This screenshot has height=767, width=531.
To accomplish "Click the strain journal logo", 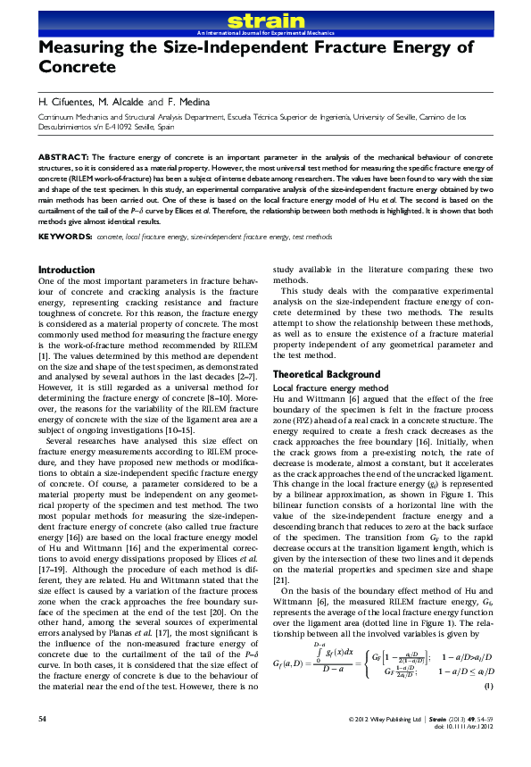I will pyautogui.click(x=265, y=20).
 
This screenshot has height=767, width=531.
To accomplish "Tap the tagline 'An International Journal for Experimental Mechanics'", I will pyautogui.click(x=265, y=31).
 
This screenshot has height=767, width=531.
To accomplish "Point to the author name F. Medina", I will pyautogui.click(x=190, y=101).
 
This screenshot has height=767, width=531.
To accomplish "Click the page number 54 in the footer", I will pyautogui.click(x=43, y=743).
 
